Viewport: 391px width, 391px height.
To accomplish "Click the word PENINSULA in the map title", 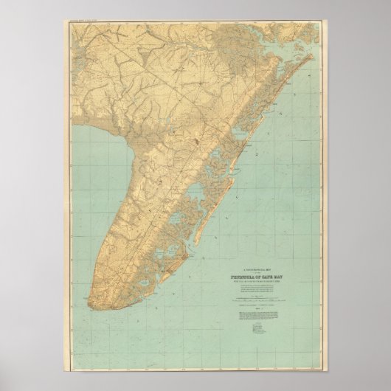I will click(x=237, y=258).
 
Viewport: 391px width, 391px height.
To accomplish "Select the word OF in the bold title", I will click(x=257, y=258).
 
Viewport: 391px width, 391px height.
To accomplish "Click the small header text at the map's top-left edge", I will click(x=85, y=24).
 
